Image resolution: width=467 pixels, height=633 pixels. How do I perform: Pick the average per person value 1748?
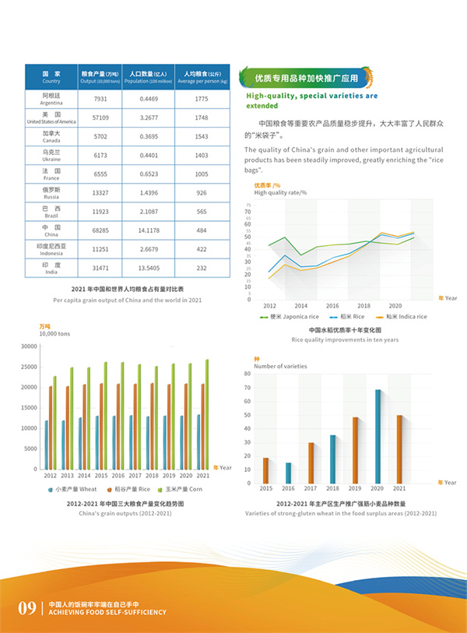(202, 118)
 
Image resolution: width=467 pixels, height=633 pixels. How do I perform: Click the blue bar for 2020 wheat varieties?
(378, 436)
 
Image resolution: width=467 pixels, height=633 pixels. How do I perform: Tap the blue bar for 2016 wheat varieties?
(288, 473)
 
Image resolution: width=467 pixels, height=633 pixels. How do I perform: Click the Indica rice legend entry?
(402, 317)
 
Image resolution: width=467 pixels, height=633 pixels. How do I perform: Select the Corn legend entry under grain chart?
(181, 489)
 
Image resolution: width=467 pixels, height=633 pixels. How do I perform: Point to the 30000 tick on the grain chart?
(29, 346)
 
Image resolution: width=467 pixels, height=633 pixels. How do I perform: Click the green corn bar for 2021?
(207, 414)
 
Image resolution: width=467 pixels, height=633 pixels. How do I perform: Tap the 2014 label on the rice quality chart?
(300, 306)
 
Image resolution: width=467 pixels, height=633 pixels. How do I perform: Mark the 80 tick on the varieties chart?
(247, 374)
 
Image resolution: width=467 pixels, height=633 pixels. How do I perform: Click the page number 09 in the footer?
(27, 607)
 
